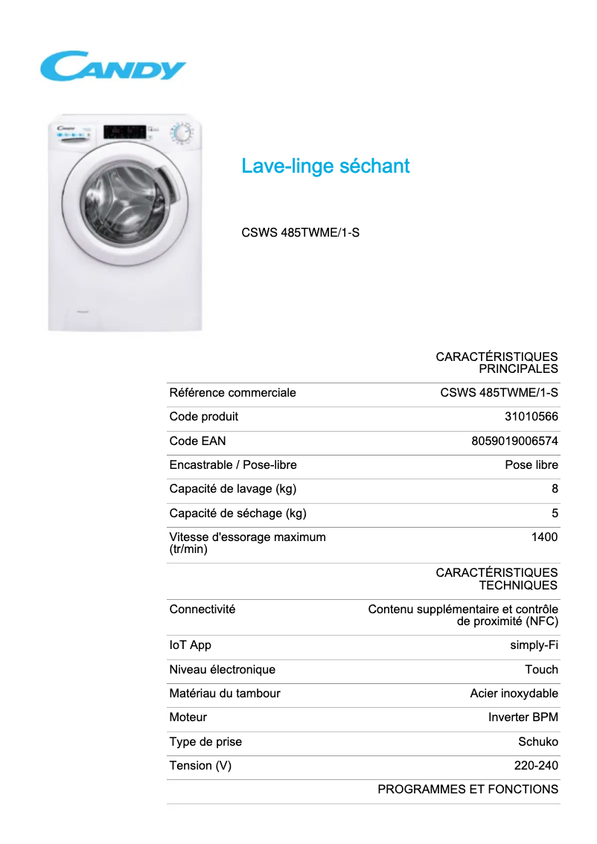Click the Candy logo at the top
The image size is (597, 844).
112,66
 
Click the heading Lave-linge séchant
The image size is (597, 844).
325,166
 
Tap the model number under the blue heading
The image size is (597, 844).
300,232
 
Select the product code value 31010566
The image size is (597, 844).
531,417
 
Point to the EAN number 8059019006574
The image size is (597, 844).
514,441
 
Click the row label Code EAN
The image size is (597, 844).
197,441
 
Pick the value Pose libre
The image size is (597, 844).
531,465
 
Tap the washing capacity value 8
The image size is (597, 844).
555,489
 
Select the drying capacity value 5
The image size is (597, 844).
555,513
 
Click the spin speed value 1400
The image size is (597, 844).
544,537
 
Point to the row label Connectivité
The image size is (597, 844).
202,609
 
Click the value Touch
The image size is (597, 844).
541,669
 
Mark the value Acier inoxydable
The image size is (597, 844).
514,693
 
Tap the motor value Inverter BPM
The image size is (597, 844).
523,717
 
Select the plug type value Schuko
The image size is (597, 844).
537,741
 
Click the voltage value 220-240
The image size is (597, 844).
536,765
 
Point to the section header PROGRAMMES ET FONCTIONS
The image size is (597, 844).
467,789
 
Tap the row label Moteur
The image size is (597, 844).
188,717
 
